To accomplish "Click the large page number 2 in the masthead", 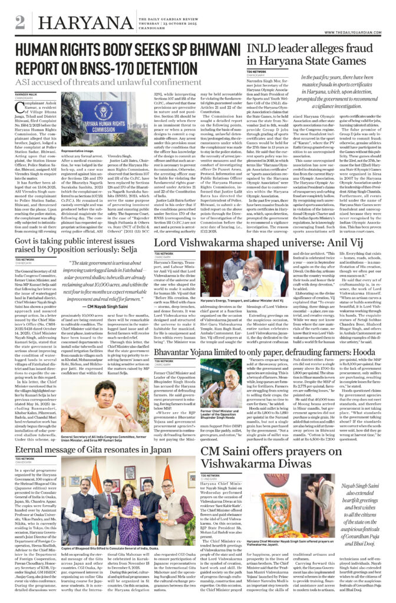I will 20,22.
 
